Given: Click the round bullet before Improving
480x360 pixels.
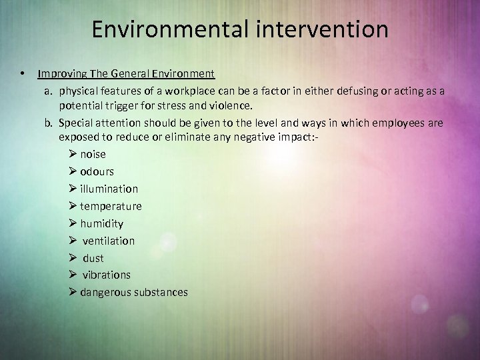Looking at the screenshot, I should (23, 73).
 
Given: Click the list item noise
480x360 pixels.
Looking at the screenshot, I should (93, 154).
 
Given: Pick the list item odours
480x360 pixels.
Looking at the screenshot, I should (97, 171).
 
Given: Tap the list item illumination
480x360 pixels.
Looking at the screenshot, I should (109, 189).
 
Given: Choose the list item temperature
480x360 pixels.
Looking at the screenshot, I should (111, 206).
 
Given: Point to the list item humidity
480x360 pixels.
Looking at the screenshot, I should (101, 223).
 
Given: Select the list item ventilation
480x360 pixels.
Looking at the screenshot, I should (109, 241).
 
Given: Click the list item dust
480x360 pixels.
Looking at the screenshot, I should (93, 258).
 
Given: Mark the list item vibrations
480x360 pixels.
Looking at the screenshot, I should (107, 275).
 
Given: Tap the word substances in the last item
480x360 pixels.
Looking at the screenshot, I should (162, 292).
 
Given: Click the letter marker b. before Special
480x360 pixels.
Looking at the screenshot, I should (49, 123).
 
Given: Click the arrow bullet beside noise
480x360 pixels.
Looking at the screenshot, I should (73, 154).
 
